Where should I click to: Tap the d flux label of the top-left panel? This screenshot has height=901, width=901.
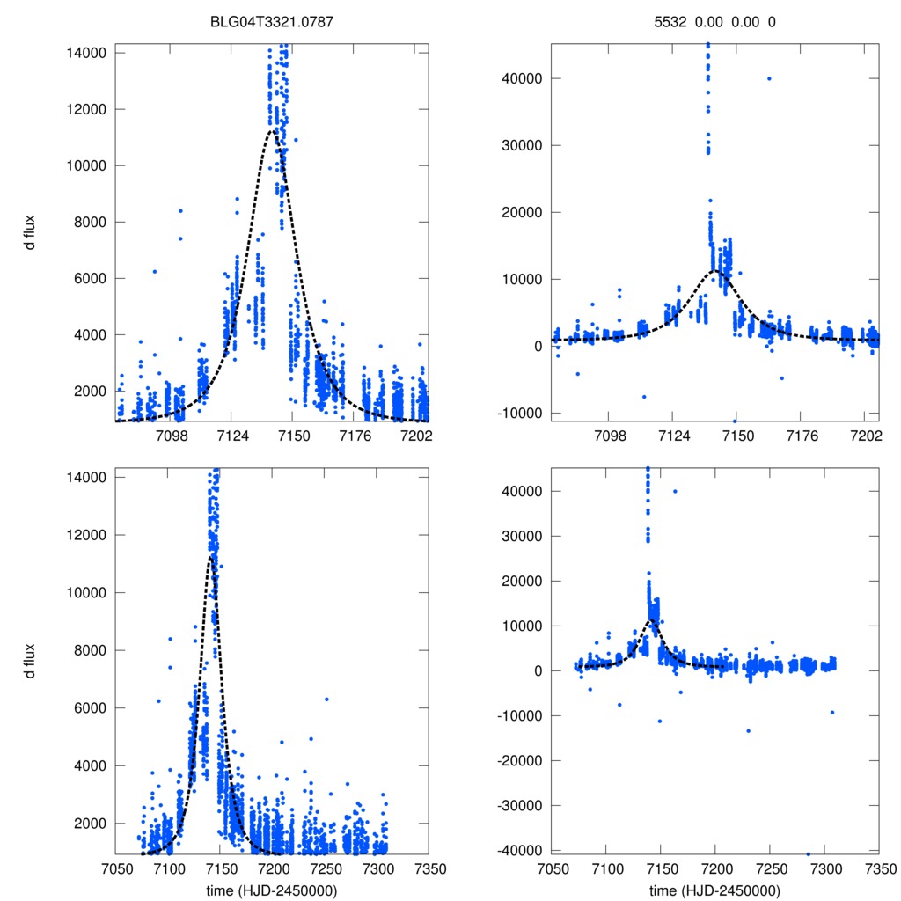pos(29,235)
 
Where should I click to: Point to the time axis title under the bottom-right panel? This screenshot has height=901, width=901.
pos(714,890)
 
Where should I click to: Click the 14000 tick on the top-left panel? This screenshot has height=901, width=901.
pos(86,53)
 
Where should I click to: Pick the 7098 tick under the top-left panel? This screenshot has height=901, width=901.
pos(172,434)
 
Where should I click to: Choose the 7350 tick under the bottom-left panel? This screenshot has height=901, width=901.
pos(430,867)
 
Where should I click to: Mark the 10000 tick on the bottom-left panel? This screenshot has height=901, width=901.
pos(86,592)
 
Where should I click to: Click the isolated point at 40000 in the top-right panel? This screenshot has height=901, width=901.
pos(769,78)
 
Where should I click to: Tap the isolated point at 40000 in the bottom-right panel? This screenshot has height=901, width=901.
pos(675,491)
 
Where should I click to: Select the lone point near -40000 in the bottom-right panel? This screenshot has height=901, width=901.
pos(809,853)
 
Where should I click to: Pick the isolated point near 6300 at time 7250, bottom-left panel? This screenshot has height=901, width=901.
pos(326,700)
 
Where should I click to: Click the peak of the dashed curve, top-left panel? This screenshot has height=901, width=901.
pos(273,130)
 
